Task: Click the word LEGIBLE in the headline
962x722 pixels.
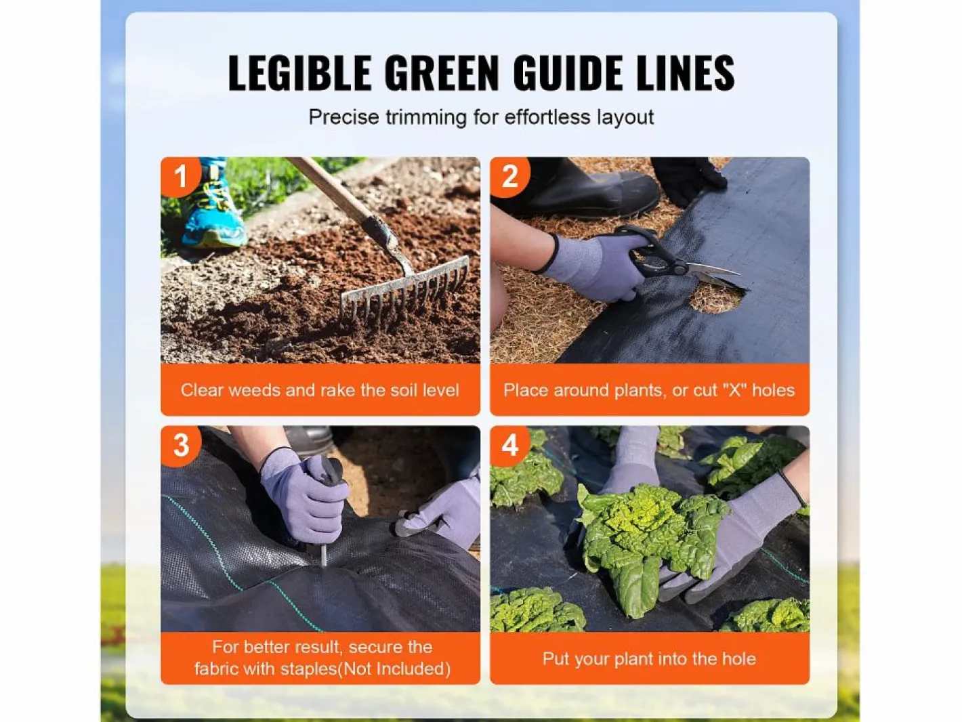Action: (x=299, y=72)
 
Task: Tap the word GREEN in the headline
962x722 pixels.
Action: (x=442, y=72)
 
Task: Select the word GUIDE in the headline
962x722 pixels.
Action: (x=568, y=72)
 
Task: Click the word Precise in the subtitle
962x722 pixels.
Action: (x=343, y=117)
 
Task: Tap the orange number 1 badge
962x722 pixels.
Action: (x=181, y=177)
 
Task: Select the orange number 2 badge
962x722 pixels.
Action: (x=509, y=177)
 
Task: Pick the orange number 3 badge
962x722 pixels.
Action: (x=181, y=445)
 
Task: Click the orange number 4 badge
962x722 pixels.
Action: (x=509, y=445)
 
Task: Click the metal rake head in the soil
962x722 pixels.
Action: (x=404, y=289)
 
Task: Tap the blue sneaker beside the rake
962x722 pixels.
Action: (x=213, y=208)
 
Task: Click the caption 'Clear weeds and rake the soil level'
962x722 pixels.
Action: (x=320, y=390)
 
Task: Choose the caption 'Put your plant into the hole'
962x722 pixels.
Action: (x=650, y=659)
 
